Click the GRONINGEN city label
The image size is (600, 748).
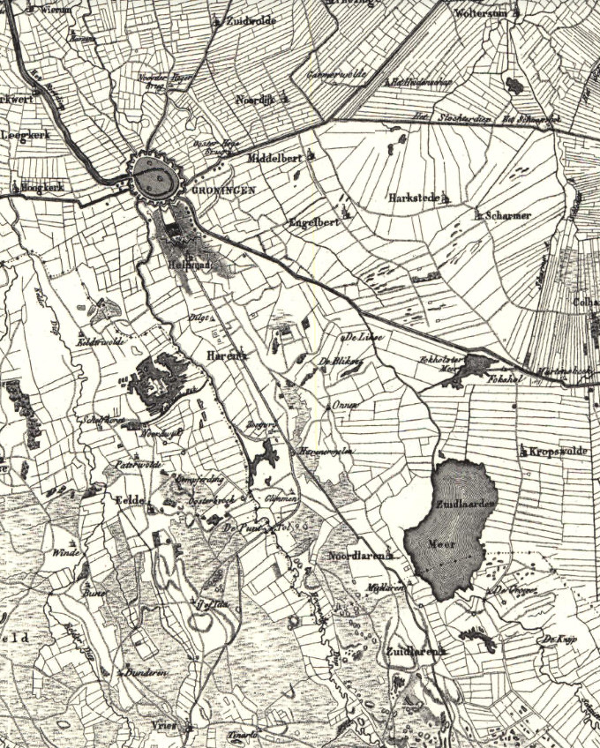[210, 191]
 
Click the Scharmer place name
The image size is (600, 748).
[507, 215]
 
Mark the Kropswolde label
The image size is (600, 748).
[558, 452]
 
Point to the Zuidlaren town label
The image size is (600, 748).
[412, 652]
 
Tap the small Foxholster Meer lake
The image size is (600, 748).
[477, 363]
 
